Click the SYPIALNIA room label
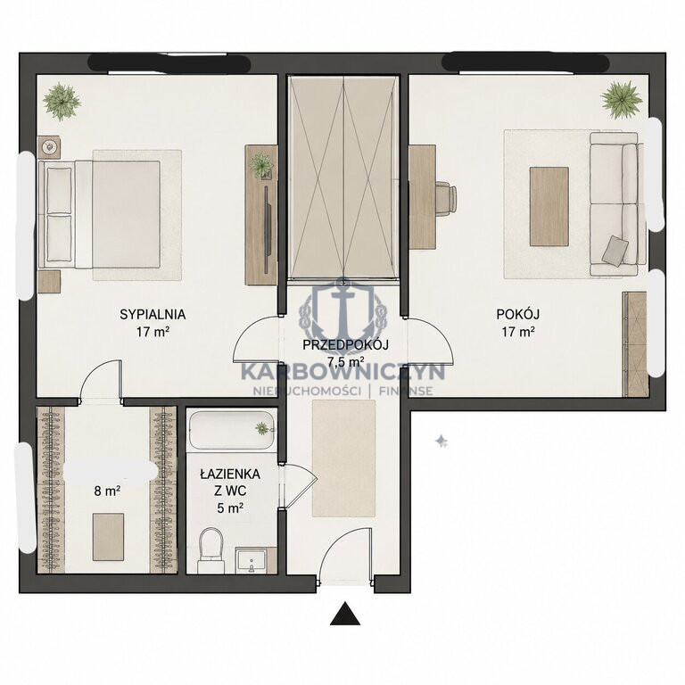point(153,315)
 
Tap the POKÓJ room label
point(517,314)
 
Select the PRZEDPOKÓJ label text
point(345,345)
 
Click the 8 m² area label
point(107,491)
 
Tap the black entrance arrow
point(345,614)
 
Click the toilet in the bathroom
point(211,551)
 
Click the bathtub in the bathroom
point(232,430)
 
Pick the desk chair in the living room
point(446,199)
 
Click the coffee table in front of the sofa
point(549,207)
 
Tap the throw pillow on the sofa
point(615,251)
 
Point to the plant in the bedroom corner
point(62,102)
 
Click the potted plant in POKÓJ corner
point(621,100)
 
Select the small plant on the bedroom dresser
point(261,166)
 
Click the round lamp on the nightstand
point(49,147)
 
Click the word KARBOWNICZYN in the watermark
point(342,372)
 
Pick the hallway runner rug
point(343,458)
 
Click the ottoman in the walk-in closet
point(108,537)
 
